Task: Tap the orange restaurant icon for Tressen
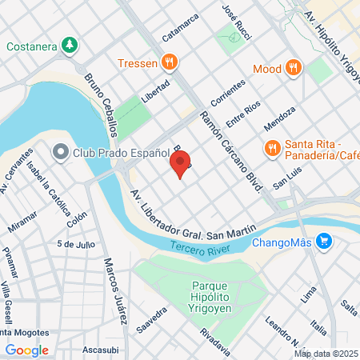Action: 169,62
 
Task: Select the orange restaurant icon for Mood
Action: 294,69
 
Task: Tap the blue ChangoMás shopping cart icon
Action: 324,240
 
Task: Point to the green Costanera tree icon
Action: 70,46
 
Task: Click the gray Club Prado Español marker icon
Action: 60,151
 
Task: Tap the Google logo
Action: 26,350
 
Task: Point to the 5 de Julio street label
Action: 76,244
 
